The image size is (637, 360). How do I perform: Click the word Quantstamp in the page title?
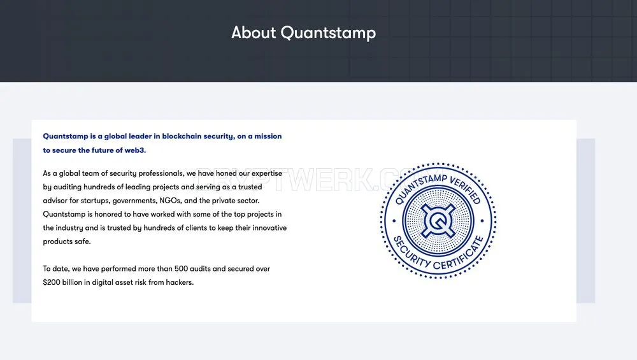(x=328, y=33)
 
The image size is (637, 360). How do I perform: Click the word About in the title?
(x=254, y=32)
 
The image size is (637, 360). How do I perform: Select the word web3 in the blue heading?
(x=135, y=150)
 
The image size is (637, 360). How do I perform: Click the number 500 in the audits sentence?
(x=181, y=269)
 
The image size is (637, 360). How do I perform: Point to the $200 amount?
(x=52, y=282)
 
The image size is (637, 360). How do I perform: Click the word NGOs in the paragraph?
(x=171, y=200)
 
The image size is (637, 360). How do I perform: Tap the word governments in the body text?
(x=134, y=201)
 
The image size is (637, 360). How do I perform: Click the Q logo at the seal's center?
(x=438, y=221)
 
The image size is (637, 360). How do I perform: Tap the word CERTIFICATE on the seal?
(x=459, y=254)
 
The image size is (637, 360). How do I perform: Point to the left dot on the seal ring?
(x=394, y=221)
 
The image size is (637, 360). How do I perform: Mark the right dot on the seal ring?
(x=482, y=221)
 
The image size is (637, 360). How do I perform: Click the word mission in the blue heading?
(x=268, y=136)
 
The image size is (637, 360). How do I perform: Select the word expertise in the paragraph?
(x=266, y=173)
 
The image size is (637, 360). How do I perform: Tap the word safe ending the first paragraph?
(x=82, y=241)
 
